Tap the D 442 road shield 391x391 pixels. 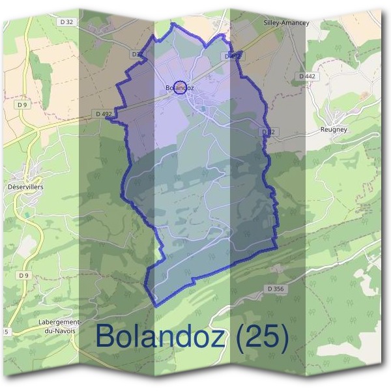coord(307,76)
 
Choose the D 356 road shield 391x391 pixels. coord(276,288)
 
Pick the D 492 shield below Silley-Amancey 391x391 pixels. coord(233,57)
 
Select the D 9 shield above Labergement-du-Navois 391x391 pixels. coord(24,276)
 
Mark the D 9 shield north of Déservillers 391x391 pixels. coord(23,104)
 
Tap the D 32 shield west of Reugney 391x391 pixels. coord(267,132)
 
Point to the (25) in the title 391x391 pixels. coord(262,336)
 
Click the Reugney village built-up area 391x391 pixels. coord(337,117)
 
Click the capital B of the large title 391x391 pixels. coord(106,336)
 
